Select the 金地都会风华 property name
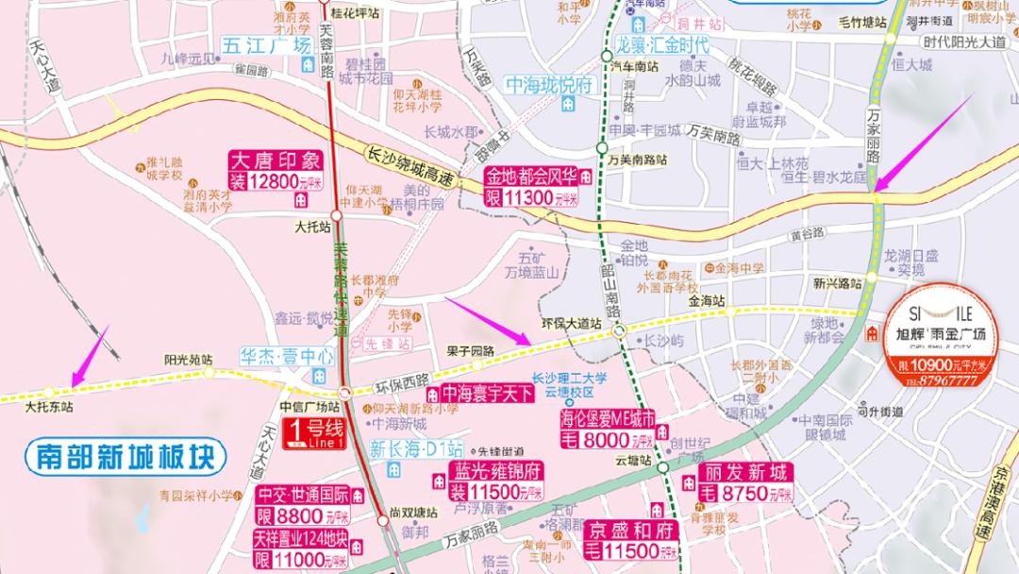[530, 177]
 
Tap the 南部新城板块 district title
[125, 458]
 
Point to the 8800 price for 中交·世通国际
[302, 516]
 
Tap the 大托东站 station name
[49, 407]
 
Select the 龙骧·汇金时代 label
[661, 43]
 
